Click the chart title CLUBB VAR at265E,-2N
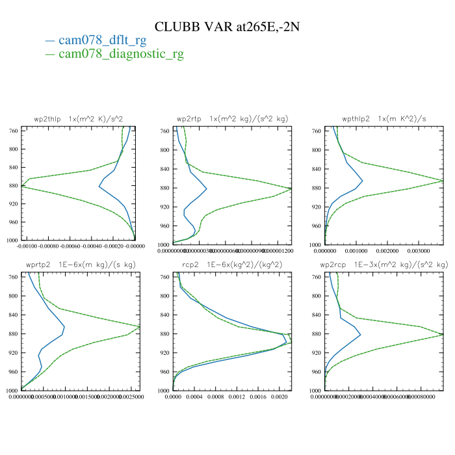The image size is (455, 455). [227, 27]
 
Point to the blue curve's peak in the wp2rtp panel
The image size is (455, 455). [206, 189]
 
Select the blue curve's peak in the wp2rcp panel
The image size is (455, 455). [360, 335]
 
